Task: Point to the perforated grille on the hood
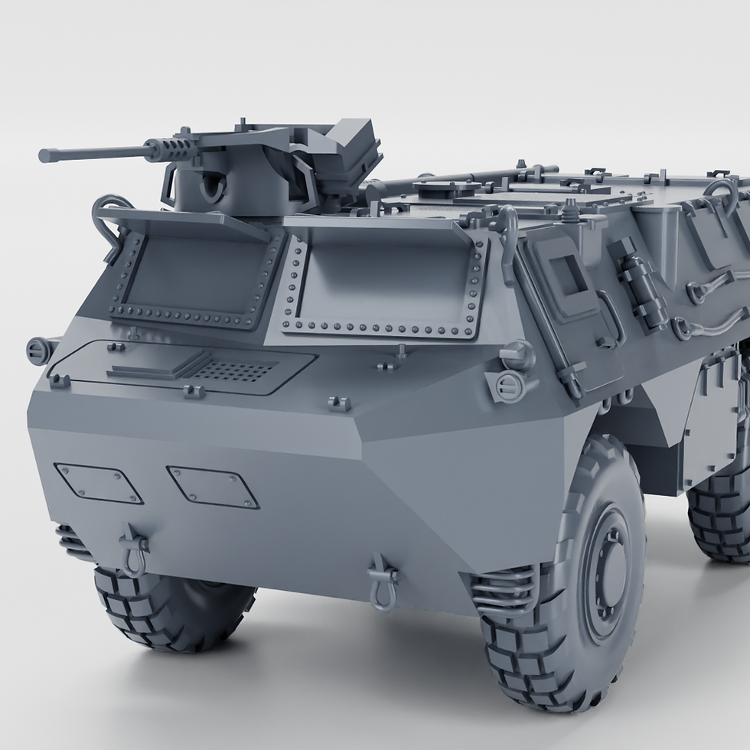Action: point(233,371)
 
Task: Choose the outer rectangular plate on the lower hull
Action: point(98,483)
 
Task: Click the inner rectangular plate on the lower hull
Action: point(213,487)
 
